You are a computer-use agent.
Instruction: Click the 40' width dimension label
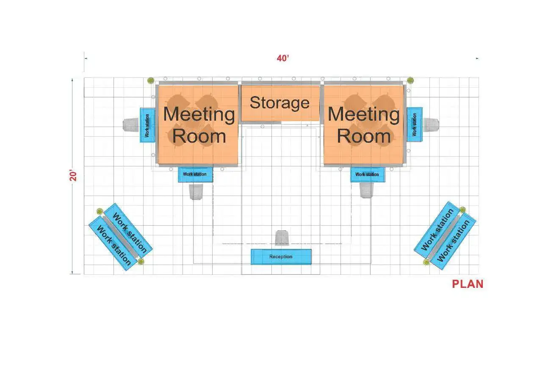point(283,58)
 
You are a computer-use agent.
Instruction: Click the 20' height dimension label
point(73,176)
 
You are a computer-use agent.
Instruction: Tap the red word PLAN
point(468,284)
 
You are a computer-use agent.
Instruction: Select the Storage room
point(280,103)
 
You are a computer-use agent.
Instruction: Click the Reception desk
point(281,257)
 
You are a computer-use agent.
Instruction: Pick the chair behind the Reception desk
point(282,237)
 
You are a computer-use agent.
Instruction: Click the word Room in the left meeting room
point(199,136)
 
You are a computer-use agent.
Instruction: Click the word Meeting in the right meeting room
point(364,114)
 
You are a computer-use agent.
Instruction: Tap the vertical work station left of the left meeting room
point(147,125)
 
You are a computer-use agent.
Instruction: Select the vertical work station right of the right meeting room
point(415,124)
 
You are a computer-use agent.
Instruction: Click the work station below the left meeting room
point(195,174)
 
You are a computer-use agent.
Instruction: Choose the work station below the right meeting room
point(368,175)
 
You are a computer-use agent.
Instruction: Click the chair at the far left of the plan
point(131,125)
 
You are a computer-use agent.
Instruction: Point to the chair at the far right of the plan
point(431,124)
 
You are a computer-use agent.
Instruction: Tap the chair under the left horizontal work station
point(196,192)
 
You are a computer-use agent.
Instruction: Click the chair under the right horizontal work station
point(367,190)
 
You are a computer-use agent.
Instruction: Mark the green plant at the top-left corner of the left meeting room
point(150,80)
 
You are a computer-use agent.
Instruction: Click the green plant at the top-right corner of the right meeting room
point(410,80)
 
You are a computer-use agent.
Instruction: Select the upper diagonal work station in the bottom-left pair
point(128,229)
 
